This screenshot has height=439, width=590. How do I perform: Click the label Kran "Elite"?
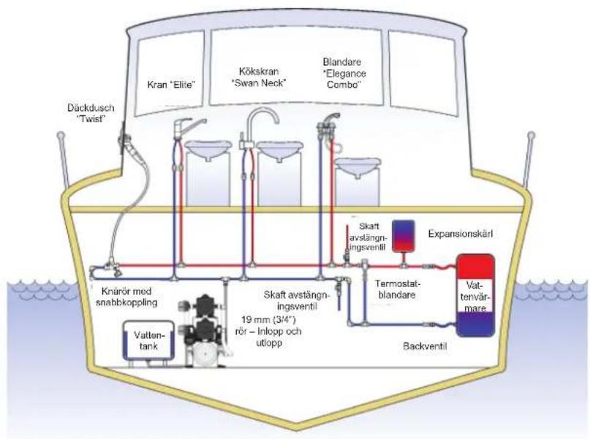(171, 85)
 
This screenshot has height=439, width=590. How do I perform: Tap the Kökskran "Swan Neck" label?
(259, 77)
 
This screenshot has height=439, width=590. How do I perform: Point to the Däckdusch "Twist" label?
(91, 113)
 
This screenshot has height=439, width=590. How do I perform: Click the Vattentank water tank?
(148, 341)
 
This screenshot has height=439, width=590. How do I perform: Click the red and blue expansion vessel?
(404, 236)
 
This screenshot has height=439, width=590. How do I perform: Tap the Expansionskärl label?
(460, 234)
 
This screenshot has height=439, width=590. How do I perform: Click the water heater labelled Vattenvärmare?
(475, 295)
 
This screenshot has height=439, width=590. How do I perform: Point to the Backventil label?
(425, 346)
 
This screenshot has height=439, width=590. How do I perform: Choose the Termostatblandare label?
(397, 289)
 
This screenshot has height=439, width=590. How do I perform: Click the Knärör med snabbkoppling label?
(126, 297)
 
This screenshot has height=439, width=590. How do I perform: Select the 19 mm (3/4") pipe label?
(268, 332)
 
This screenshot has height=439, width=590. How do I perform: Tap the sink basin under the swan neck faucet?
(280, 150)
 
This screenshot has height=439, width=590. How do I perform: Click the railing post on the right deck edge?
(529, 160)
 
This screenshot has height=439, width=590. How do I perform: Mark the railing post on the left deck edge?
(63, 160)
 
